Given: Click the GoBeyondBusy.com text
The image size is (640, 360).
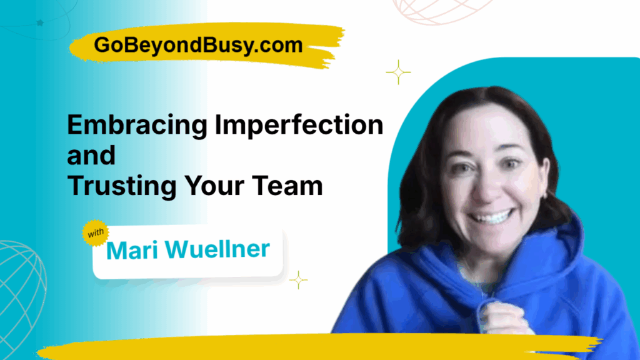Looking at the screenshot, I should tap(199, 45).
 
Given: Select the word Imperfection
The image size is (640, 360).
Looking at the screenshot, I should tap(299, 126).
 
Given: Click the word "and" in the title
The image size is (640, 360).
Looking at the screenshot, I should tap(91, 156).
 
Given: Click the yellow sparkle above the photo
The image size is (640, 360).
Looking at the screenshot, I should tap(398, 72).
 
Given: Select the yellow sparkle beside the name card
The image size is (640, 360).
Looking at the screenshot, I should tap(298, 280).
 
